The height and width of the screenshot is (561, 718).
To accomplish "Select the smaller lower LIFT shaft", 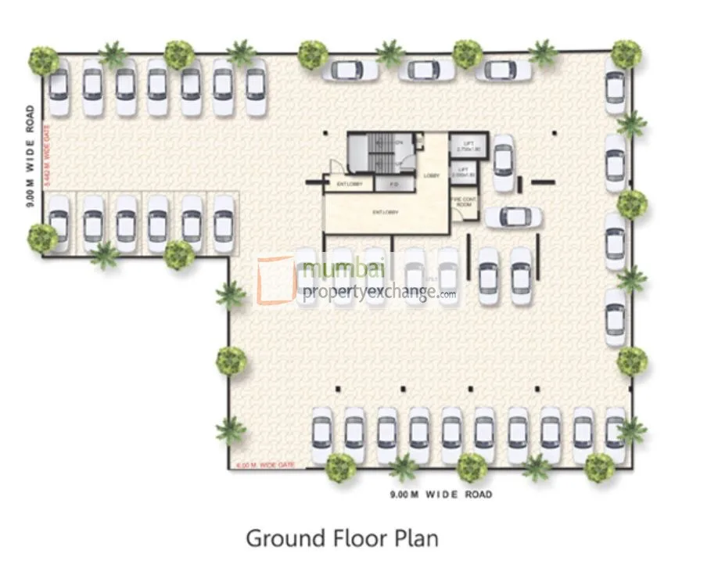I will pyautogui.click(x=463, y=172).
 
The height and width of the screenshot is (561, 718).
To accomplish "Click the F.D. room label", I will pyautogui.click(x=388, y=185).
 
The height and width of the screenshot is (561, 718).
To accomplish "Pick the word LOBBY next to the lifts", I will pyautogui.click(x=431, y=176).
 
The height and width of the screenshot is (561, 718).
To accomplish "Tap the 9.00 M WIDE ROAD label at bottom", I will pyautogui.click(x=441, y=494).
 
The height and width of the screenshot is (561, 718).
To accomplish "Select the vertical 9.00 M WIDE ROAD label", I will pyautogui.click(x=29, y=156).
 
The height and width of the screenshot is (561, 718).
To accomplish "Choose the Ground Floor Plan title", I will pyautogui.click(x=342, y=538).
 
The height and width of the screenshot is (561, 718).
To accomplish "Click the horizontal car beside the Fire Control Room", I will pyautogui.click(x=513, y=217).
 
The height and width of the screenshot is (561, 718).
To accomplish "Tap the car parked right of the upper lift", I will pyautogui.click(x=504, y=163).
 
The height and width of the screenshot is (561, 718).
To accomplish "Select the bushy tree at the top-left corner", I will pyautogui.click(x=44, y=59).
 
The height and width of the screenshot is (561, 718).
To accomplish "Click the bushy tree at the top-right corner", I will pyautogui.click(x=626, y=53).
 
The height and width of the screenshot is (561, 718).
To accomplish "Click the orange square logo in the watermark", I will pyautogui.click(x=275, y=280).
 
